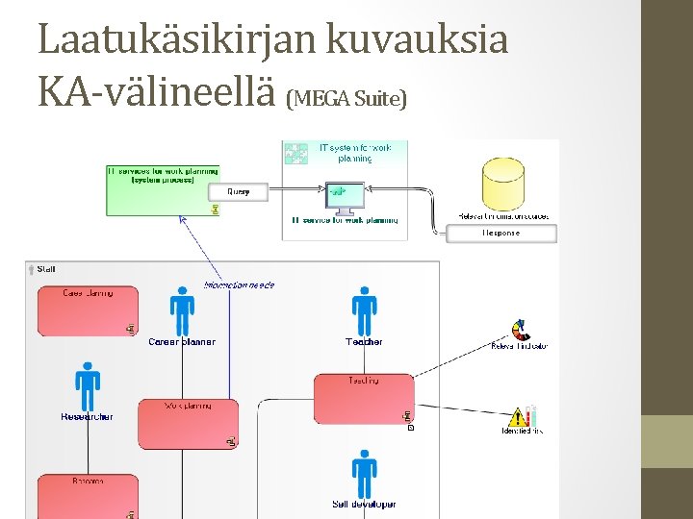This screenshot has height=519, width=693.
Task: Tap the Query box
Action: (x=238, y=192)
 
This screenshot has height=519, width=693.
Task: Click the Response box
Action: (x=500, y=233)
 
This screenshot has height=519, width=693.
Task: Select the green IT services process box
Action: (x=162, y=189)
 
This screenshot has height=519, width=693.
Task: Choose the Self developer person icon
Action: (x=364, y=473)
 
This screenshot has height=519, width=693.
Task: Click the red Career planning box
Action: (x=87, y=310)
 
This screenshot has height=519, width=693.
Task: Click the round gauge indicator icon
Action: (x=520, y=331)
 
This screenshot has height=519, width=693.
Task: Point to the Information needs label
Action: (x=239, y=284)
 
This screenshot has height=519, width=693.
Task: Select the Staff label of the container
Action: (x=46, y=269)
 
